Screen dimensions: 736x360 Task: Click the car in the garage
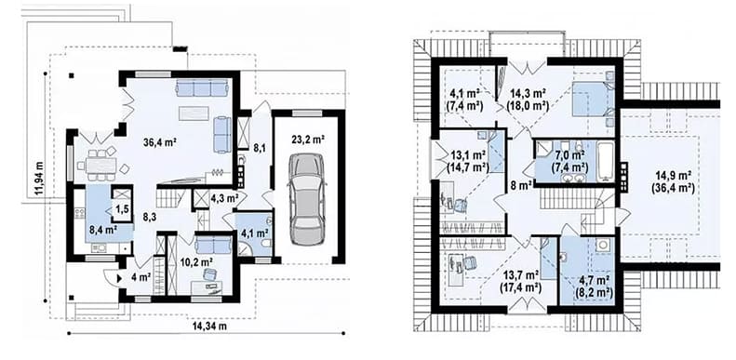[x=306, y=199]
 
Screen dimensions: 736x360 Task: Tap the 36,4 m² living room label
[x=160, y=140]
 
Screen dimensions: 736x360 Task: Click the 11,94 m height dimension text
[x=39, y=179]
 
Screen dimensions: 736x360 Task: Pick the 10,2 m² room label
[x=196, y=261]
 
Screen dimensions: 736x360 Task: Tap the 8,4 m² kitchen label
[x=102, y=230]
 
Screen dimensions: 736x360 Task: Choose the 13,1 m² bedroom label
[x=467, y=160]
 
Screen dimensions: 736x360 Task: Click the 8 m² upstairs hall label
[x=520, y=185]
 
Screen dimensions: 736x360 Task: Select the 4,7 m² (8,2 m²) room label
[x=595, y=287]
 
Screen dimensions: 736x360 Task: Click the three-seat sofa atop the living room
[x=201, y=87]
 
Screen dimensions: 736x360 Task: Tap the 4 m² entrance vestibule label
[x=141, y=277]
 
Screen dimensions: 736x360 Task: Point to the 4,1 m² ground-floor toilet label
[x=254, y=233]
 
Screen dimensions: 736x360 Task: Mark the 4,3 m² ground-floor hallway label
[x=224, y=197]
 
